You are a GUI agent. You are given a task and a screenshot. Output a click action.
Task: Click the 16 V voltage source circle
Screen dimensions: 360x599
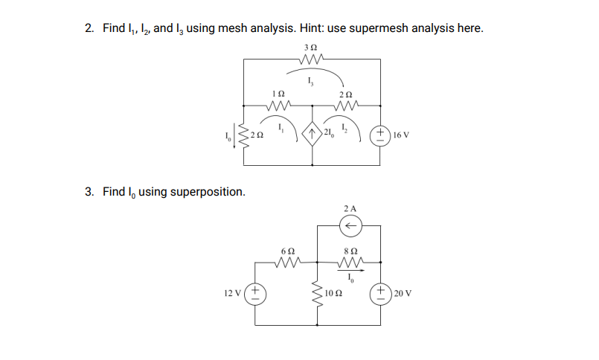click(x=379, y=135)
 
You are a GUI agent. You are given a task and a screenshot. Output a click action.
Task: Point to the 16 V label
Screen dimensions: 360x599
click(x=402, y=135)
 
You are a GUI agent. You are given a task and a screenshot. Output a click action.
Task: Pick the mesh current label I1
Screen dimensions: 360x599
click(x=280, y=128)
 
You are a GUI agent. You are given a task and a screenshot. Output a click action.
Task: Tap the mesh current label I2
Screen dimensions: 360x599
click(x=343, y=128)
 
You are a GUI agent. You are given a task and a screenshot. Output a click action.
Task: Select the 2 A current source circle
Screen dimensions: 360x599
click(x=350, y=224)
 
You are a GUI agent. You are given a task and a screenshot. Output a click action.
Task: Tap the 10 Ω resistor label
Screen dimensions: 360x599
click(x=335, y=293)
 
